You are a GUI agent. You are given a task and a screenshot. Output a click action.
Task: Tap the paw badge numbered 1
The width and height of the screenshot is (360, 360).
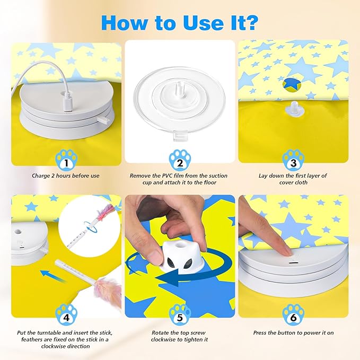pyautogui.click(x=66, y=157)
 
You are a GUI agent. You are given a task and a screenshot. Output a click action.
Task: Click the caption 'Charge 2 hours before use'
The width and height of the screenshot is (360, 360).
pyautogui.click(x=66, y=175)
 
